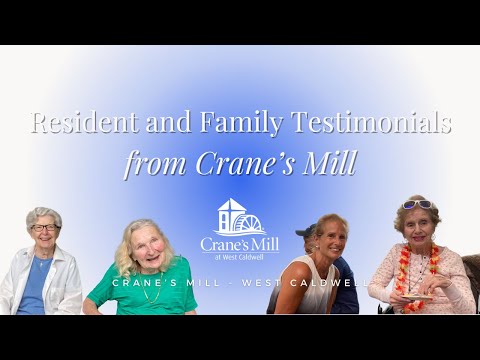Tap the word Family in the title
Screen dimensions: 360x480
230,124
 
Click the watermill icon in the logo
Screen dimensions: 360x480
240,217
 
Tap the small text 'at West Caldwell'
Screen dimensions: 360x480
240,257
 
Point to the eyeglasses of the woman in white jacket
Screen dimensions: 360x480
43,228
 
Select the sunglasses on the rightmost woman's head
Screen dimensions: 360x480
417,204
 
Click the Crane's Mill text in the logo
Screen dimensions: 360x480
240,244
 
